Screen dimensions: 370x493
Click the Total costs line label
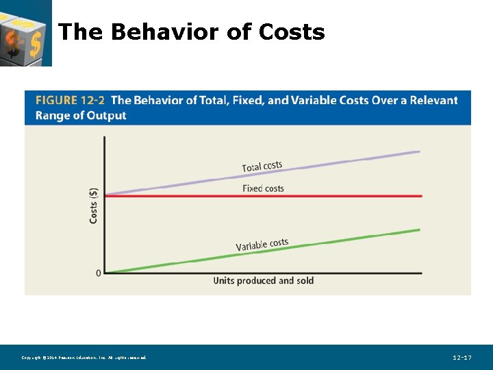coord(262,166)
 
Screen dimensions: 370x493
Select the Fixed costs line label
coord(263,188)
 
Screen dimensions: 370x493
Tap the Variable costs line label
coord(262,245)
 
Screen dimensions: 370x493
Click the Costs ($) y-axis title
coord(94,206)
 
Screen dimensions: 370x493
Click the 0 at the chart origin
coord(99,273)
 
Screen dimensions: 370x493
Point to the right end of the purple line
coord(419,152)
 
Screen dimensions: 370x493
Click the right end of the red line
coord(421,196)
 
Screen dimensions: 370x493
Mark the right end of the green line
coord(419,230)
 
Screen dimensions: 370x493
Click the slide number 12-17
coord(462,358)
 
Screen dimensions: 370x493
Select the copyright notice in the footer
coord(84,358)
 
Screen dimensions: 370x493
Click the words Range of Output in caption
coord(81,116)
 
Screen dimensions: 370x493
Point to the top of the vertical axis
coord(105,137)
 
